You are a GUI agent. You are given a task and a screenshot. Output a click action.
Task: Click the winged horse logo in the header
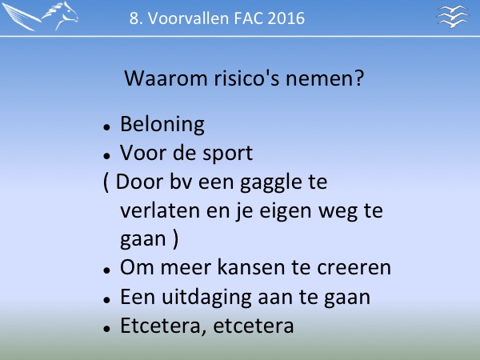pos(40,16)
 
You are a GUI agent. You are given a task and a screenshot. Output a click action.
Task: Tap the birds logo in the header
pos(453,16)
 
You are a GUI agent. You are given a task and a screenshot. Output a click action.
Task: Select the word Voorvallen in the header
pos(189,18)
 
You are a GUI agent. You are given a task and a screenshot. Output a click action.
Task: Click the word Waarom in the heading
pos(166,78)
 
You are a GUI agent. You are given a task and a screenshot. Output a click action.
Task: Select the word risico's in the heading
pos(246,78)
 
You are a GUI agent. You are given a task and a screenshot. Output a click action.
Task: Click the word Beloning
pos(162,125)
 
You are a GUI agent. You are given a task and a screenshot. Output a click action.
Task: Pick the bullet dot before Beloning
pos(106,126)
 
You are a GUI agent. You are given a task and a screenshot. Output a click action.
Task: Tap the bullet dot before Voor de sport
pos(106,156)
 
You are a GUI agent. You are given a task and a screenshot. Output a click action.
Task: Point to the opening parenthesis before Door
pos(106,182)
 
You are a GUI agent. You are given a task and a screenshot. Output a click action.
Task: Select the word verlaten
pos(160,210)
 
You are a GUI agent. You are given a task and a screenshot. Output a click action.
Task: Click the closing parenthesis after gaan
pos(175,239)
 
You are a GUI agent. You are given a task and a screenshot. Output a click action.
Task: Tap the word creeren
pos(354,268)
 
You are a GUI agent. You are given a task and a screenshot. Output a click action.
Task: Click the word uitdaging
pos(206,298)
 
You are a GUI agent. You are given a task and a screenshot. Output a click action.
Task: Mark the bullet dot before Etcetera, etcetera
pos(106,328)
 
